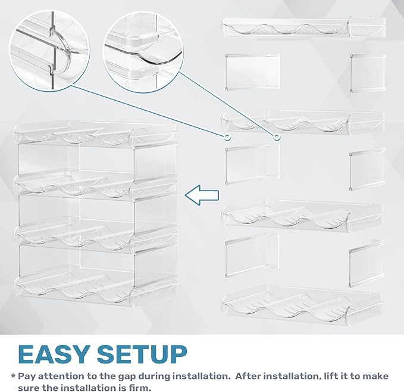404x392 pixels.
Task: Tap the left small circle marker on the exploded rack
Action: point(227,138)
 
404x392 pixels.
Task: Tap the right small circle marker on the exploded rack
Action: point(277,138)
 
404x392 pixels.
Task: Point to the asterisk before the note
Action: point(13,377)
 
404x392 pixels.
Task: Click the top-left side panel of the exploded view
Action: point(252,72)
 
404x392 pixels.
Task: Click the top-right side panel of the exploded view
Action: point(368,72)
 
